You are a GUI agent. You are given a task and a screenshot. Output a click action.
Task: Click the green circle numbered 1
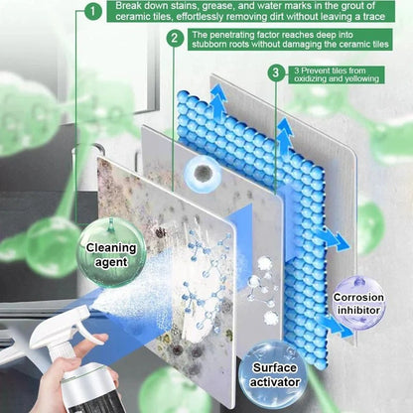pyautogui.click(x=91, y=12)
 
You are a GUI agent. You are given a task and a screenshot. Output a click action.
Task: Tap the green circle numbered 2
pyautogui.click(x=175, y=40)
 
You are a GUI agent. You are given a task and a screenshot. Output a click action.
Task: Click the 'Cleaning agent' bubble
pyautogui.click(x=111, y=255)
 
